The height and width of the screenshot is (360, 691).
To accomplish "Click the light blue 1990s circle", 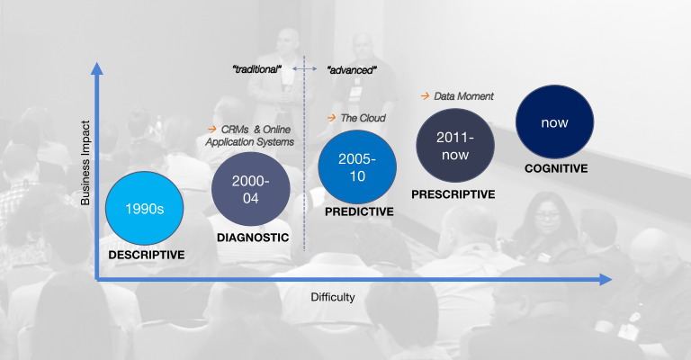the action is click(x=145, y=208).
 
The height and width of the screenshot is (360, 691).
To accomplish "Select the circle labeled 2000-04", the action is click(x=251, y=189).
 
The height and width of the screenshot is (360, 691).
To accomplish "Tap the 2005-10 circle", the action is click(x=357, y=167).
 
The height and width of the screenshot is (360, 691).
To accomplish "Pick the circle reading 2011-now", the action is click(x=455, y=146).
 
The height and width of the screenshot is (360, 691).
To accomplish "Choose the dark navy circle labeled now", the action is click(x=555, y=121).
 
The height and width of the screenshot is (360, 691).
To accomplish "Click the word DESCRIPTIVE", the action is click(x=147, y=255).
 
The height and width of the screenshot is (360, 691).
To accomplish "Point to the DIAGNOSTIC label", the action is click(x=253, y=238).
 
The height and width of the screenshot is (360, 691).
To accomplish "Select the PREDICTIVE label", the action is click(x=359, y=211).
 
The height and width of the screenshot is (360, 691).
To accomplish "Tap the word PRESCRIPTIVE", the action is click(x=453, y=194).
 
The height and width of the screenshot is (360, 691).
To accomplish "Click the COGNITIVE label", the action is click(x=556, y=168).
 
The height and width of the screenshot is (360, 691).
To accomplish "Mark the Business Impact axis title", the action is click(x=85, y=163).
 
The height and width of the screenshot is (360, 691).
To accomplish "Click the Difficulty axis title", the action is click(x=333, y=297).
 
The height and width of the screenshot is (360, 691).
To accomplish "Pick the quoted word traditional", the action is click(x=257, y=69).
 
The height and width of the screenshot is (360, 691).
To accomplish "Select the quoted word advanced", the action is click(x=352, y=70).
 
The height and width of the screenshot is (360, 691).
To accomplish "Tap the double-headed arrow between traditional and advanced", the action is click(x=304, y=68).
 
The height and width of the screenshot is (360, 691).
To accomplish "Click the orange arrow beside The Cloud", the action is click(x=332, y=118).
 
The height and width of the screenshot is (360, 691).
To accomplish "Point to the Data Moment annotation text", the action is click(x=463, y=96).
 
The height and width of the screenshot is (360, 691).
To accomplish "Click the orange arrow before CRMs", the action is click(x=212, y=129).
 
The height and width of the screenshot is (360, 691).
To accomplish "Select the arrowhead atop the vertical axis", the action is click(x=97, y=68).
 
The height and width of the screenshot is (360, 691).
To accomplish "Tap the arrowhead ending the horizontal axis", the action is click(x=606, y=279).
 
